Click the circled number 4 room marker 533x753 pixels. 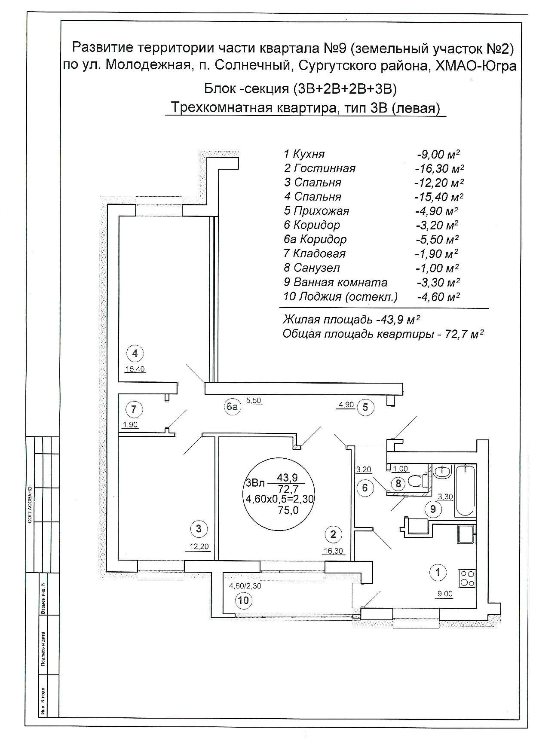[135, 354]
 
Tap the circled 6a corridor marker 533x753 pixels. [233, 406]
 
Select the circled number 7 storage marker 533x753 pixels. [134, 409]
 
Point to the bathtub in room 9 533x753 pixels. [464, 490]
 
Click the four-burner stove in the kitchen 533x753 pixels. [467, 578]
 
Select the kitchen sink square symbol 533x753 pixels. [467, 535]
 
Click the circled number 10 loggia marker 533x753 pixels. [243, 600]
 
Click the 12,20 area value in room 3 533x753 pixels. [199, 546]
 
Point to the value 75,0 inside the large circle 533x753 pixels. [288, 510]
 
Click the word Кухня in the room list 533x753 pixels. [309, 154]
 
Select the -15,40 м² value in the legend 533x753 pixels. [439, 197]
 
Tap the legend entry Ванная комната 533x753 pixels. [340, 282]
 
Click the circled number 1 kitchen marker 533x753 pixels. [438, 572]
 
